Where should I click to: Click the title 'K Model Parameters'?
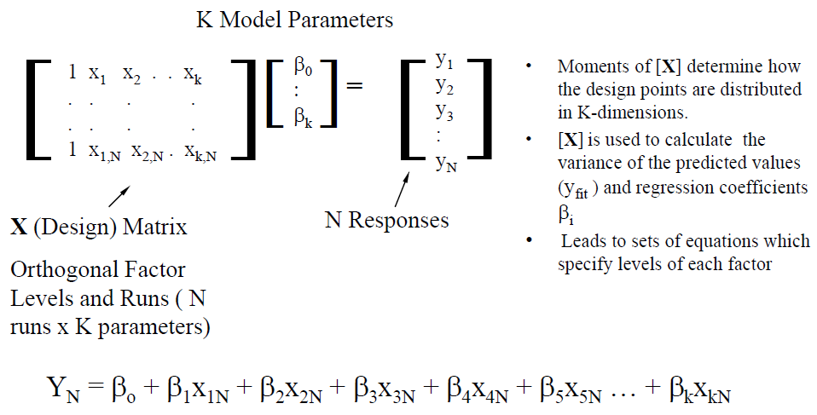pyautogui.click(x=294, y=20)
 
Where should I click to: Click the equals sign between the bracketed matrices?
pyautogui.click(x=354, y=86)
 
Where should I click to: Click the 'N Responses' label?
pyautogui.click(x=386, y=220)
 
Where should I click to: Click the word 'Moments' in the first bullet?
pyautogui.click(x=589, y=66)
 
